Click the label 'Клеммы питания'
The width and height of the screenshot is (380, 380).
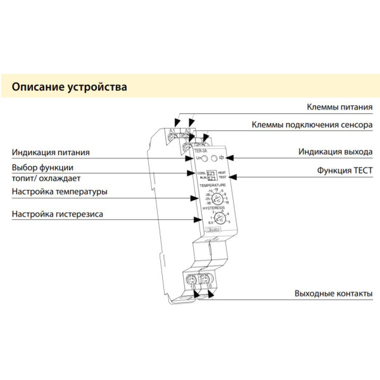tap(339, 108)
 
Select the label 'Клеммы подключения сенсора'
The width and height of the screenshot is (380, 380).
tap(312, 125)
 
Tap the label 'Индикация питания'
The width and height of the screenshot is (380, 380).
tap(51, 153)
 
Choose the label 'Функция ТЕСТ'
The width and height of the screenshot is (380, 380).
tap(345, 171)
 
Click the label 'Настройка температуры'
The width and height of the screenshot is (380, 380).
tap(60, 191)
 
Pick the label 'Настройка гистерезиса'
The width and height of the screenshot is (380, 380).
tap(57, 214)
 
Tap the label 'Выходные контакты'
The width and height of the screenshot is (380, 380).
tap(332, 294)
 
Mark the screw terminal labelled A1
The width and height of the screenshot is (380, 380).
tap(172, 134)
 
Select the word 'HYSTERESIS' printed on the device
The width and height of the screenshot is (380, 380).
tap(213, 208)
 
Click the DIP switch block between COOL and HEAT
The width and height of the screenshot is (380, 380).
tap(211, 175)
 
